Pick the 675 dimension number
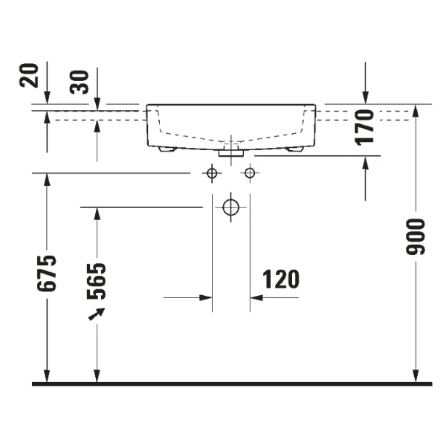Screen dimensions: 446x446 tap(47, 274)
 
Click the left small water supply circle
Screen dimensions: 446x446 tap(212, 174)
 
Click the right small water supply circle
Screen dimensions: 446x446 tap(250, 174)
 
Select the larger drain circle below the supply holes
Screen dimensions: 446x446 tap(230, 207)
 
